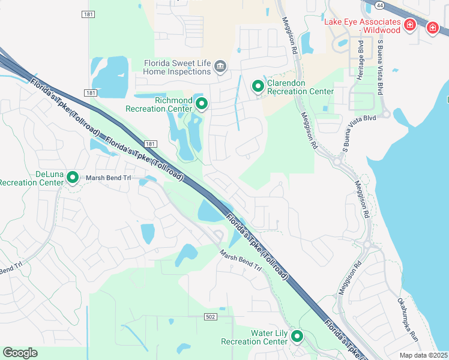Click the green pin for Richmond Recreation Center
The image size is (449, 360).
click(x=202, y=104)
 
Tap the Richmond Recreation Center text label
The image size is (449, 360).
click(x=159, y=104)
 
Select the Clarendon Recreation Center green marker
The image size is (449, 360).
click(x=258, y=86)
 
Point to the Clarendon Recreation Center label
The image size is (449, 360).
click(x=300, y=87)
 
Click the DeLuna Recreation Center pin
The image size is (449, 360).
click(x=73, y=177)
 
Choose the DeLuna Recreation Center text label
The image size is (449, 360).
click(x=32, y=178)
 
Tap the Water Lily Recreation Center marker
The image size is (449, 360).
click(x=297, y=336)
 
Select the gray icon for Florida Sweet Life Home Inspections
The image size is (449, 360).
click(x=220, y=65)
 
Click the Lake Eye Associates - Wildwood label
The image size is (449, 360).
click(x=363, y=26)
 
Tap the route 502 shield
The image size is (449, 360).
click(x=210, y=316)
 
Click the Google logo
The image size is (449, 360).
click(x=20, y=353)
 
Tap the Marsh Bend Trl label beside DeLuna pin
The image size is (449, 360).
click(x=108, y=178)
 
